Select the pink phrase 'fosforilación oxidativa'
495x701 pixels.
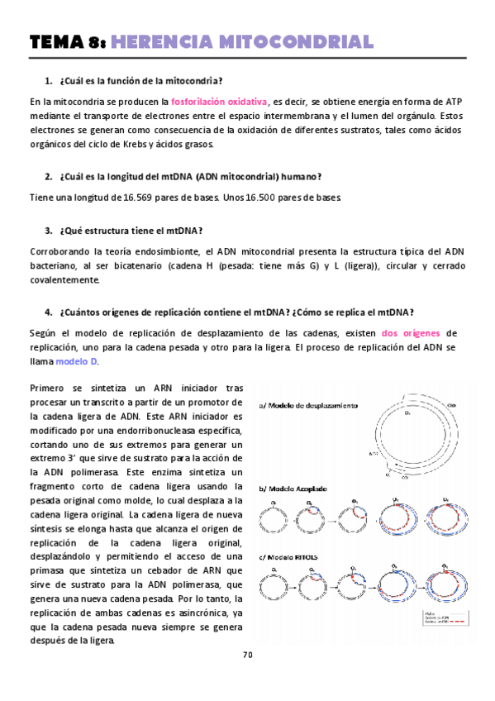point(219,102)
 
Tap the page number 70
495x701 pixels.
point(247,655)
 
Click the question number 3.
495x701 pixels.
point(48,230)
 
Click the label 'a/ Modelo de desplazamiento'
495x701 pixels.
point(308,406)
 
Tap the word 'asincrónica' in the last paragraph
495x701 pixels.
point(198,613)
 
